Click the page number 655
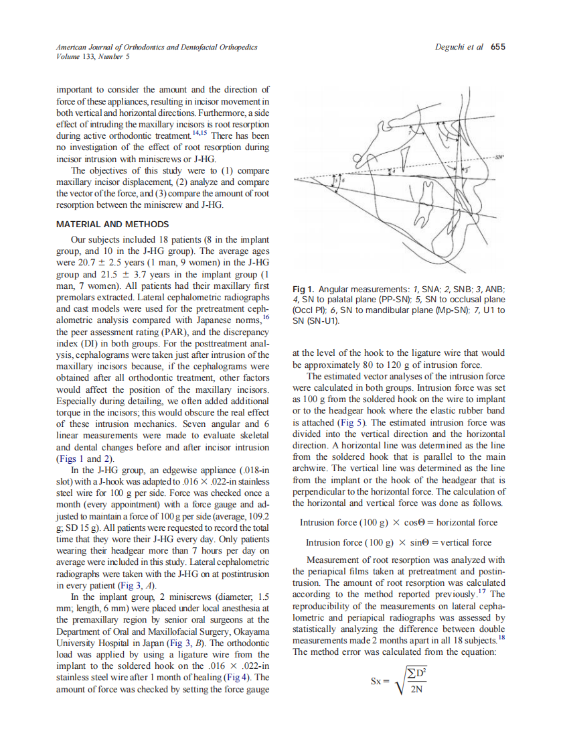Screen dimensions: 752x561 tap(498, 47)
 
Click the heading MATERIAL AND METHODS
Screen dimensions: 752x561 tap(112, 224)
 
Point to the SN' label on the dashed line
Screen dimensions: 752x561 tap(499, 157)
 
